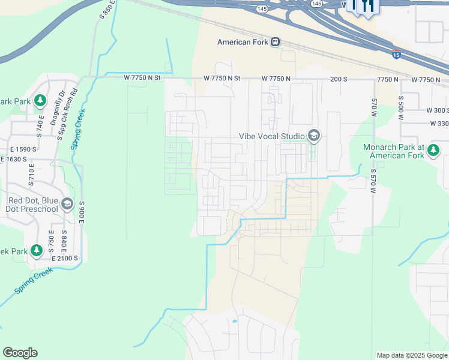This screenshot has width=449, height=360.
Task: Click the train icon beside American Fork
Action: pos(276,42)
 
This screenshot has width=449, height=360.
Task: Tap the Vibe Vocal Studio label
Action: pos(272,136)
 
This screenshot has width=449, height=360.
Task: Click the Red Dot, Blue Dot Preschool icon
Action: pos(67,205)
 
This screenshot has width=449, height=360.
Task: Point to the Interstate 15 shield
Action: pos(396,55)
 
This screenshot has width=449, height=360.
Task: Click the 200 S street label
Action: pos(339,79)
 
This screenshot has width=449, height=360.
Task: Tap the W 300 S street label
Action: pos(437,110)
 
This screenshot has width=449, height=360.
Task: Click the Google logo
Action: pos(20,353)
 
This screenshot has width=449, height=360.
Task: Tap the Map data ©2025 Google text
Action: pos(411,355)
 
